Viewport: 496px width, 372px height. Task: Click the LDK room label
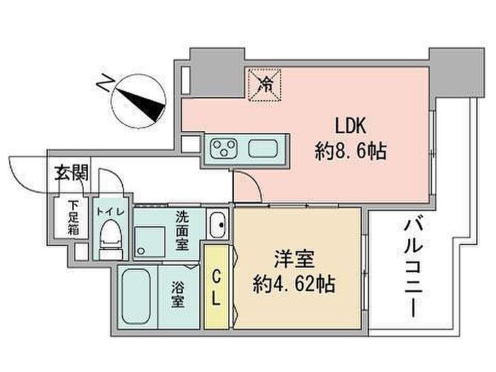click(351, 126)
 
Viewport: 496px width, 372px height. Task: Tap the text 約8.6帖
click(351, 151)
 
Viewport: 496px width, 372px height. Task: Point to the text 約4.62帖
click(294, 283)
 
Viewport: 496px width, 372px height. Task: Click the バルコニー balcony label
click(413, 269)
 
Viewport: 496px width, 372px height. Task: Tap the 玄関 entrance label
click(72, 173)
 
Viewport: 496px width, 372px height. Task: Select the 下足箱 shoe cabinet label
click(73, 218)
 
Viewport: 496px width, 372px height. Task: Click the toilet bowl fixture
click(111, 239)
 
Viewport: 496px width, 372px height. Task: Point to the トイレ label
click(111, 211)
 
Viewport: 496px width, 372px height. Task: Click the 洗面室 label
click(182, 230)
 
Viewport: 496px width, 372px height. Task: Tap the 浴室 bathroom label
click(177, 294)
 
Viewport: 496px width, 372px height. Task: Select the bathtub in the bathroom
click(136, 296)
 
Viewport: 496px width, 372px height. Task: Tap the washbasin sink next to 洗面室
click(218, 225)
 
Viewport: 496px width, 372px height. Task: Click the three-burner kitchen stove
click(224, 148)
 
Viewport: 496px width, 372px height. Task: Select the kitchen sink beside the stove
click(263, 148)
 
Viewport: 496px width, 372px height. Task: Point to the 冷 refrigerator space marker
click(265, 84)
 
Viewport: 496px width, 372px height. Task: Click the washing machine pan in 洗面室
click(150, 241)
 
